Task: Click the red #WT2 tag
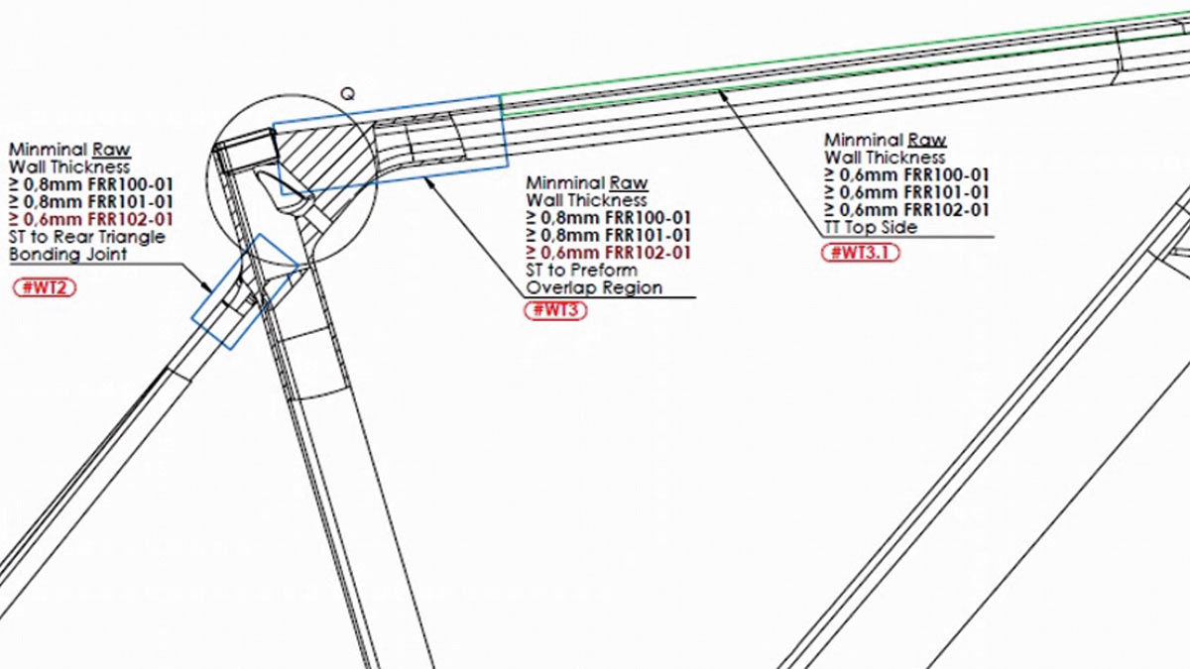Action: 45,287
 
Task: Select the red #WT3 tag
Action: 555,310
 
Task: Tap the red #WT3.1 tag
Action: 861,253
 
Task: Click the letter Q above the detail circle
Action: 347,94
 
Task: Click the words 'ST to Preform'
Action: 582,270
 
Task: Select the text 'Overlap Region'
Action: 594,287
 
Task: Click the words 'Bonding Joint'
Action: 68,255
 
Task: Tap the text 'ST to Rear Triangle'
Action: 87,237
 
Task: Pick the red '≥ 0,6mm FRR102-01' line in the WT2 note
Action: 91,219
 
